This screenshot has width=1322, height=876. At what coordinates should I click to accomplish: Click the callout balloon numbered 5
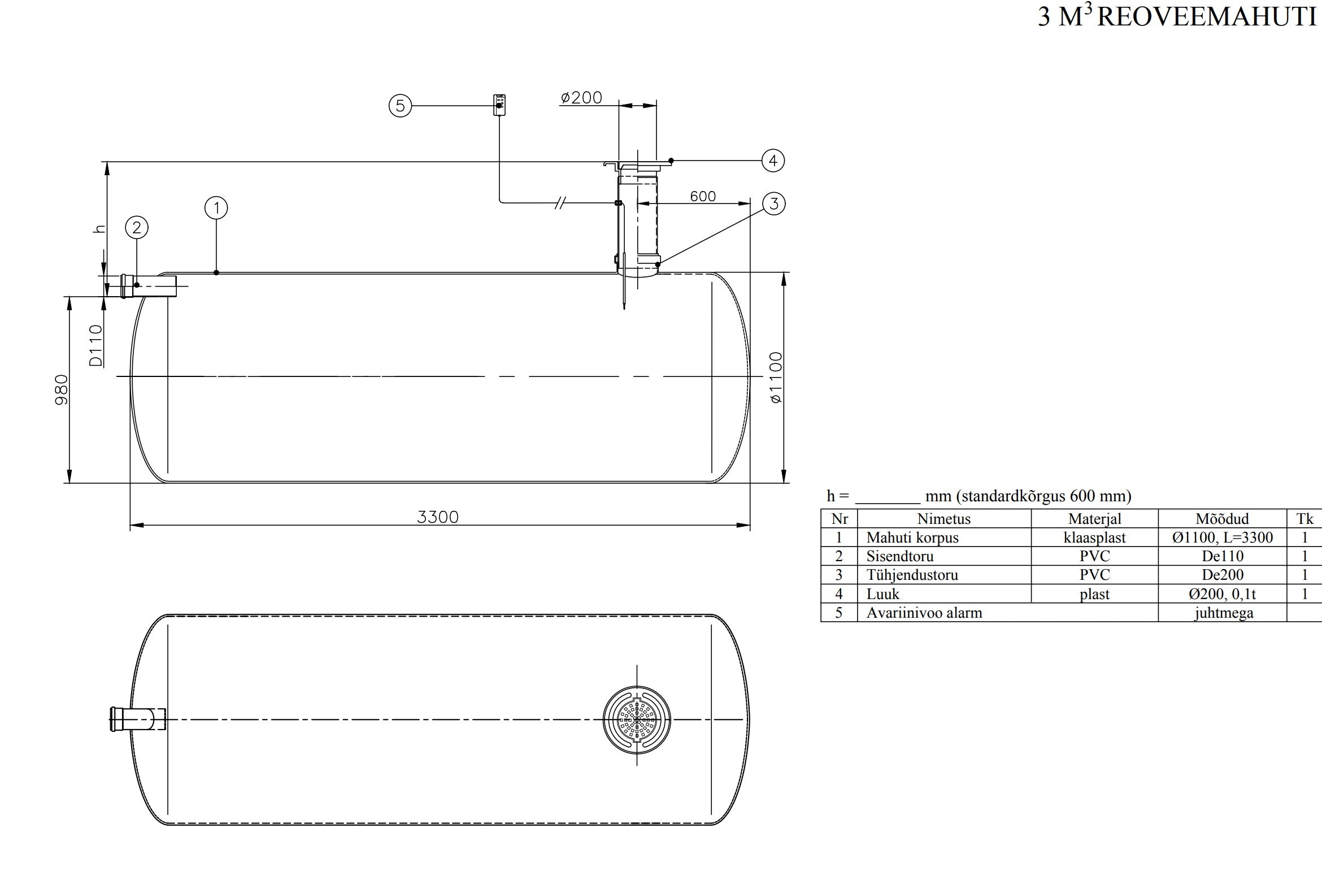coord(400,106)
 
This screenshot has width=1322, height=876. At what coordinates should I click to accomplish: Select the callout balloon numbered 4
coord(773,161)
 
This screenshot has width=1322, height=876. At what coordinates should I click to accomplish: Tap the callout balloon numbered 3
coord(774,203)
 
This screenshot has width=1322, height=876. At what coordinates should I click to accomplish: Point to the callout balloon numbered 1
coord(216,208)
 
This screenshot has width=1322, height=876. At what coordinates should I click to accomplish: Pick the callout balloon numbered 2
coord(137,228)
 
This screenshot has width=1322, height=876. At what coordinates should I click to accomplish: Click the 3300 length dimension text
coord(438,517)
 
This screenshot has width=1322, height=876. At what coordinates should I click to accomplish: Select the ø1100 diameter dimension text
coord(776,378)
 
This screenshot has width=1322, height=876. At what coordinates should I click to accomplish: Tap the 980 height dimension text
coord(61,389)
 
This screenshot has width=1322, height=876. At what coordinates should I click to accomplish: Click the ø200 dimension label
coord(581,98)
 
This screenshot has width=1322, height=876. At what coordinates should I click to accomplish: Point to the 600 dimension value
coord(703,196)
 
